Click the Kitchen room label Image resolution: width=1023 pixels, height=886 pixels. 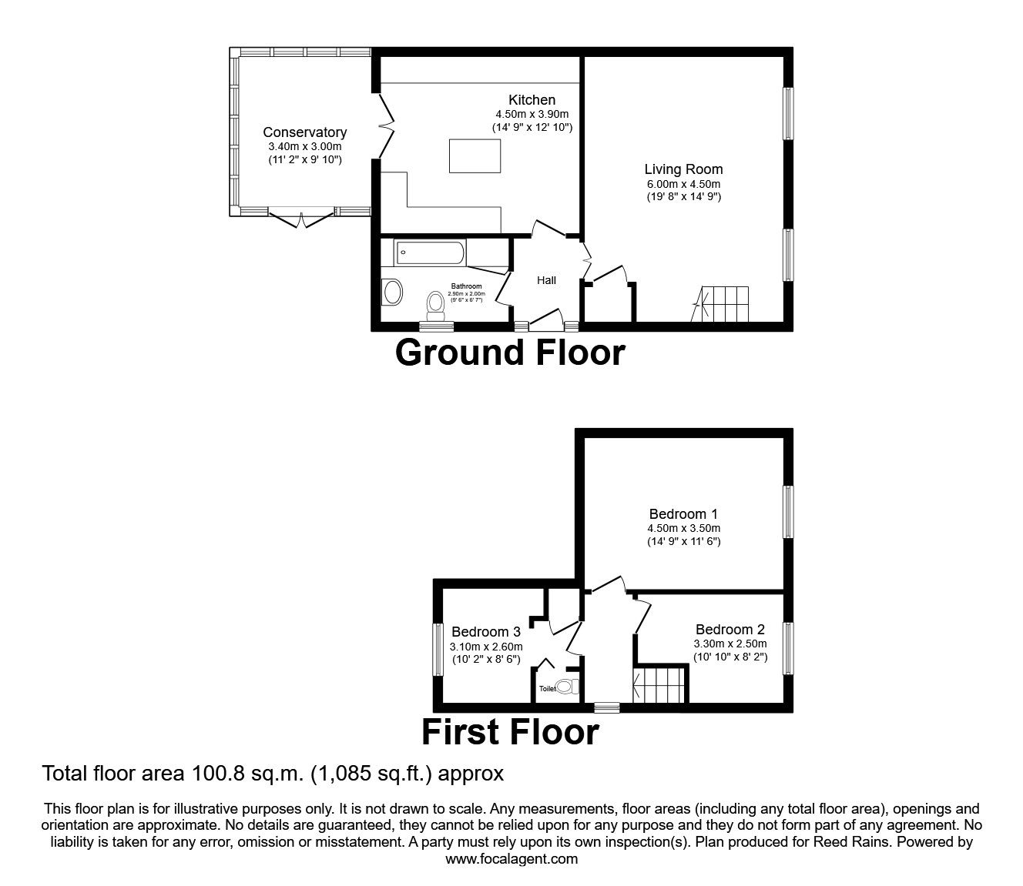tap(532, 100)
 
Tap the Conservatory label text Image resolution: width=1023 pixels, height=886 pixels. tap(304, 132)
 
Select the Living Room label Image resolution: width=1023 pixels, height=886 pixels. tap(683, 169)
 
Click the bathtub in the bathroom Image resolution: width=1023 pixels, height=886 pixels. tap(429, 252)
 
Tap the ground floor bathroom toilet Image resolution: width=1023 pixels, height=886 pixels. tap(436, 306)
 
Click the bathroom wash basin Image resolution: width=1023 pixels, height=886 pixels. tap(393, 293)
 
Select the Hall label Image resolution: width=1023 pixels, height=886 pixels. tap(546, 280)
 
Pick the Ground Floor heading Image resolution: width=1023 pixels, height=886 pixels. tap(510, 353)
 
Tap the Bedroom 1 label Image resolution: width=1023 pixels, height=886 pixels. tap(683, 514)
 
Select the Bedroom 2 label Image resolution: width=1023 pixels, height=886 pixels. tap(730, 630)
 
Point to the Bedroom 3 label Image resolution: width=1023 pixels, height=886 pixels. tap(486, 632)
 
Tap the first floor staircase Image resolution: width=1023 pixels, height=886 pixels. tap(659, 684)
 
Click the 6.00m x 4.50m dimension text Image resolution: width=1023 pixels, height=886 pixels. tap(683, 184)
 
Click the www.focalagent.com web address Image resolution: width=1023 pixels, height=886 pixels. tap(511, 859)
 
